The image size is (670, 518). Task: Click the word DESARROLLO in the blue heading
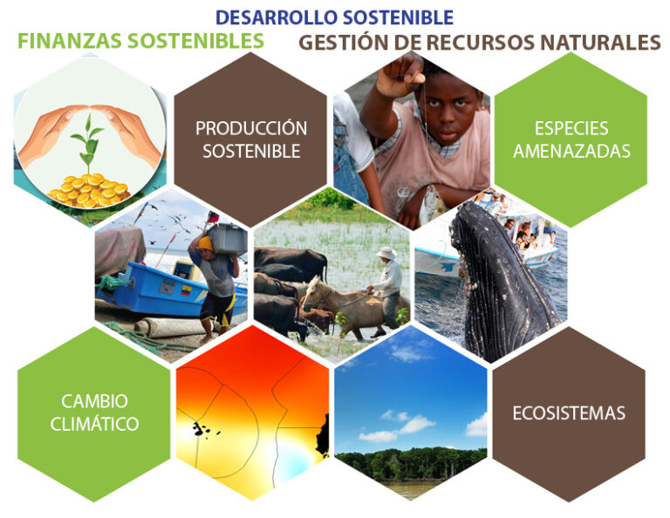277,17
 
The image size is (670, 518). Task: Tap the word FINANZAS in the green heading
70,41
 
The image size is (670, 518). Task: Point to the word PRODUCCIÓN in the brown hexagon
251,127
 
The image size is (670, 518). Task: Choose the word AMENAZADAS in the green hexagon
571,151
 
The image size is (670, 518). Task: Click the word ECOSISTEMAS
569,413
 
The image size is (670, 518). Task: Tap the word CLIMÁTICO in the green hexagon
94,424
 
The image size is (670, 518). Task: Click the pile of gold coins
89,190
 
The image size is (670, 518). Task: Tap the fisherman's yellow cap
205,243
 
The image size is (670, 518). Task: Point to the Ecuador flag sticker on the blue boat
186,290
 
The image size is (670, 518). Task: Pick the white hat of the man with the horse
386,253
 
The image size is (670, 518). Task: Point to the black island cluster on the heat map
201,429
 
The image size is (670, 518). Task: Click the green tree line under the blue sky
410,463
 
